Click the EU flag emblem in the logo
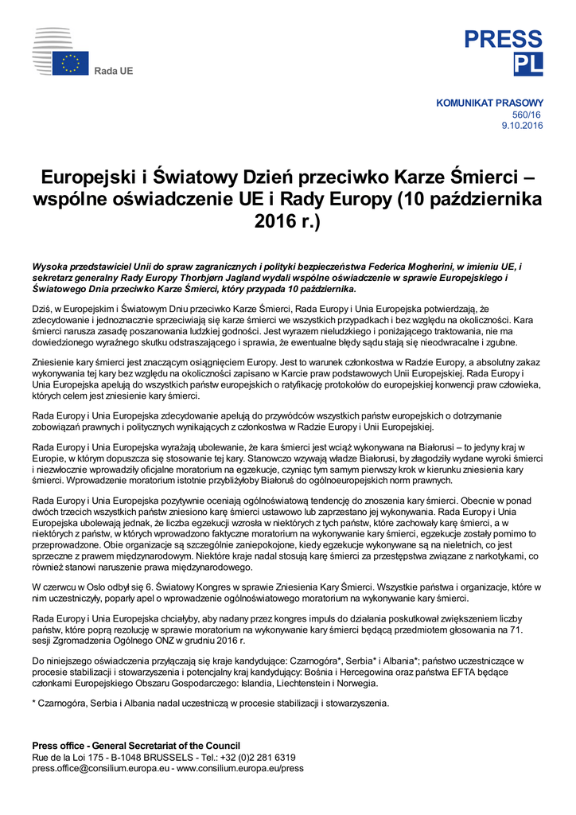(x=71, y=63)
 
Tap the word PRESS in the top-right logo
(x=504, y=40)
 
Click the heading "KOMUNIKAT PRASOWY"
(x=489, y=103)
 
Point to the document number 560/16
(x=527, y=115)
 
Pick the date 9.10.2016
(x=522, y=126)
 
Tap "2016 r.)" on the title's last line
(x=287, y=220)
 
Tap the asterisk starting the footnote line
(x=34, y=703)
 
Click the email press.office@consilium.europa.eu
(x=100, y=768)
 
